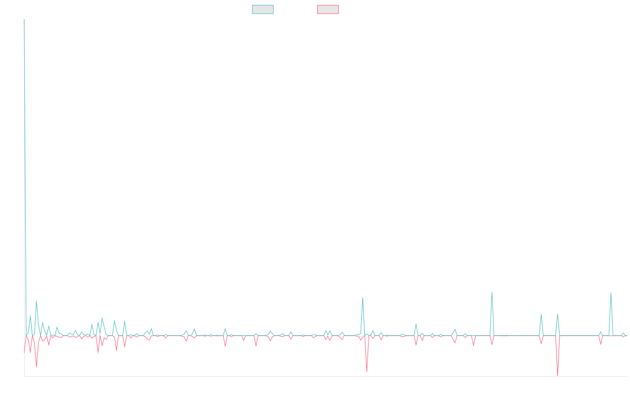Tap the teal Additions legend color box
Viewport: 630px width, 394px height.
[263, 9]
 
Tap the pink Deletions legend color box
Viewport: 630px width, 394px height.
[328, 9]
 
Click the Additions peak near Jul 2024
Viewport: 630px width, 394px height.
[492, 292]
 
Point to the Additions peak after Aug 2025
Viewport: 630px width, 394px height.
[611, 293]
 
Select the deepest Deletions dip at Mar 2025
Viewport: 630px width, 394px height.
[558, 374]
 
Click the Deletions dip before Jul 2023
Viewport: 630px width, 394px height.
[366, 371]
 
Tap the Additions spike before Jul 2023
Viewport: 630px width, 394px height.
[363, 298]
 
